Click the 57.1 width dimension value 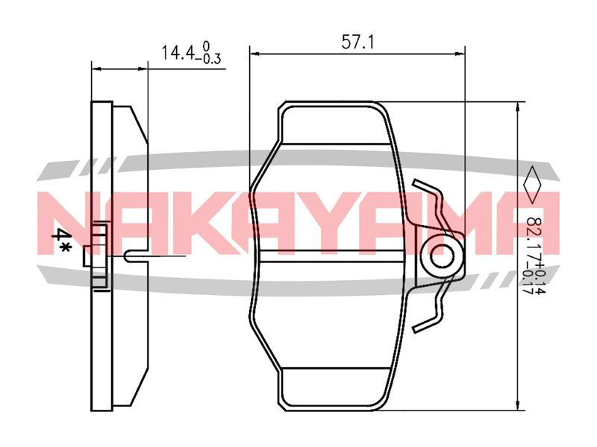point(357,42)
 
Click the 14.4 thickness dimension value point(178,53)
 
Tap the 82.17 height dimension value point(534,239)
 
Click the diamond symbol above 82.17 point(533,185)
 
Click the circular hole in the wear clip point(442,256)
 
